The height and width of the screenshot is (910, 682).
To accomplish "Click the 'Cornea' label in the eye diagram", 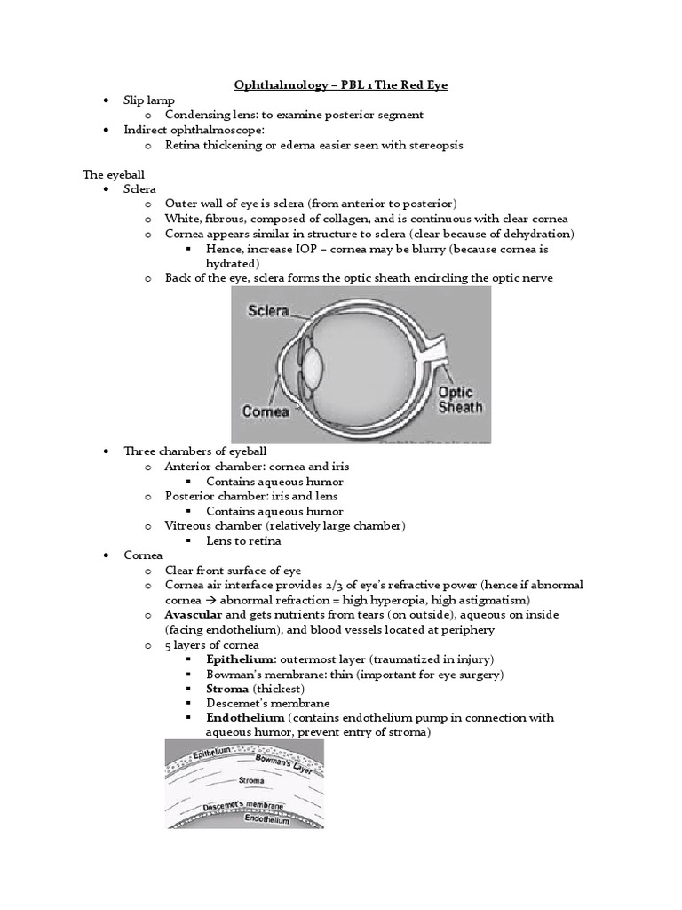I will click(x=265, y=411).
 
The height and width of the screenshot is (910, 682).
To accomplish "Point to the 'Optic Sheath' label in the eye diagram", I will click(x=460, y=400).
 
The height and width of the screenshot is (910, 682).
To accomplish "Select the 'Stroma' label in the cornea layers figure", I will click(x=250, y=779).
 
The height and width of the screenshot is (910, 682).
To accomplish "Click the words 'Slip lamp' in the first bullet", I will click(x=148, y=100).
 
